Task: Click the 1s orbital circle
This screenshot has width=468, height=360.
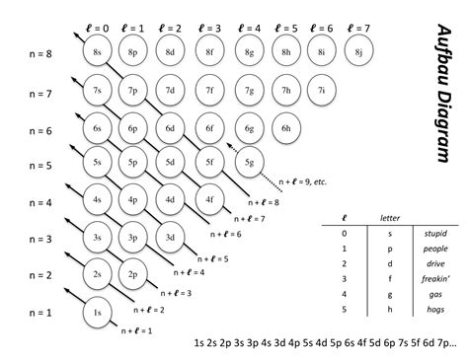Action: [97, 312]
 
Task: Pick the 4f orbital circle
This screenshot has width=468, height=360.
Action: [210, 199]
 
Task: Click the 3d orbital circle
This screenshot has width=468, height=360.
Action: [171, 237]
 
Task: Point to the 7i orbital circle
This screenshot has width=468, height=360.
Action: [322, 90]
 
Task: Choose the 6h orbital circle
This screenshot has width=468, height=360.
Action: [284, 127]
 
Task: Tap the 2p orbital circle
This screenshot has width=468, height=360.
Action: [133, 274]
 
